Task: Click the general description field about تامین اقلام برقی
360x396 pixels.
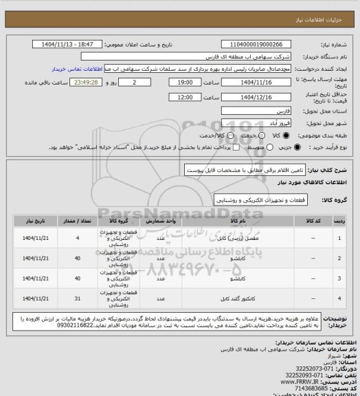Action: click(x=234, y=169)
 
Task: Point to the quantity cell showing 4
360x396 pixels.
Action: click(x=77, y=238)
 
